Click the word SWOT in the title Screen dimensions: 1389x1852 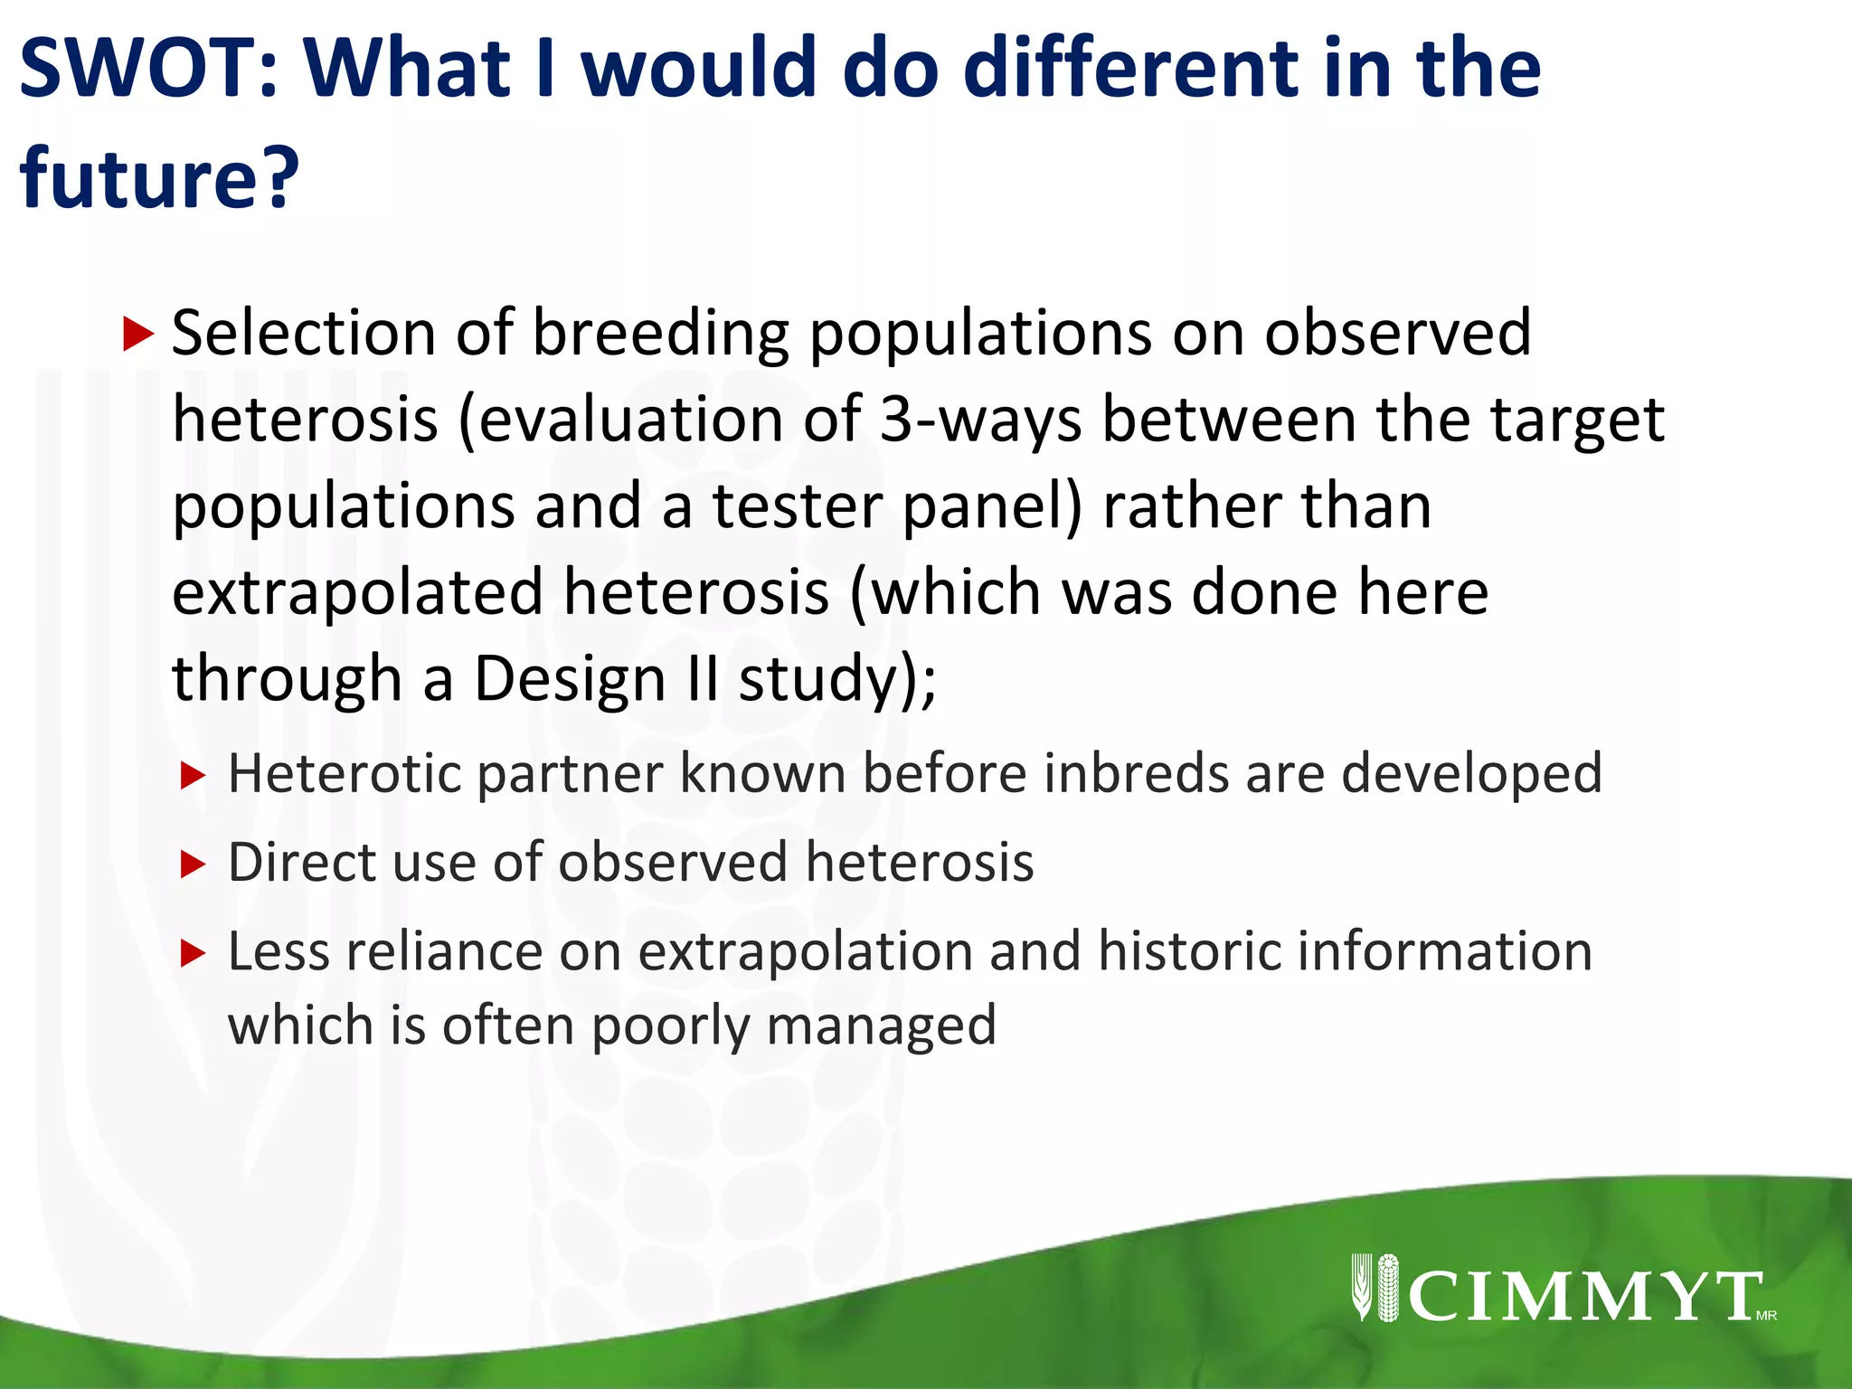[149, 68]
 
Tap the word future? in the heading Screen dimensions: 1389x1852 [159, 177]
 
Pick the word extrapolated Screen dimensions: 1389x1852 [357, 592]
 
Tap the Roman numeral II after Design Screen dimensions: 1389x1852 [702, 678]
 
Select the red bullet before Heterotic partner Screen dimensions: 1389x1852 [194, 776]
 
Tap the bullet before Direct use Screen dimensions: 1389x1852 [194, 865]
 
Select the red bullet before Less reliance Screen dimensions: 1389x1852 [194, 953]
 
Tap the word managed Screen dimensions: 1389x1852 [882, 1027]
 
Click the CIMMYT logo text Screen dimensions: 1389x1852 [1584, 1297]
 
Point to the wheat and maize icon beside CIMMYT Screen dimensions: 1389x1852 [1375, 1288]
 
